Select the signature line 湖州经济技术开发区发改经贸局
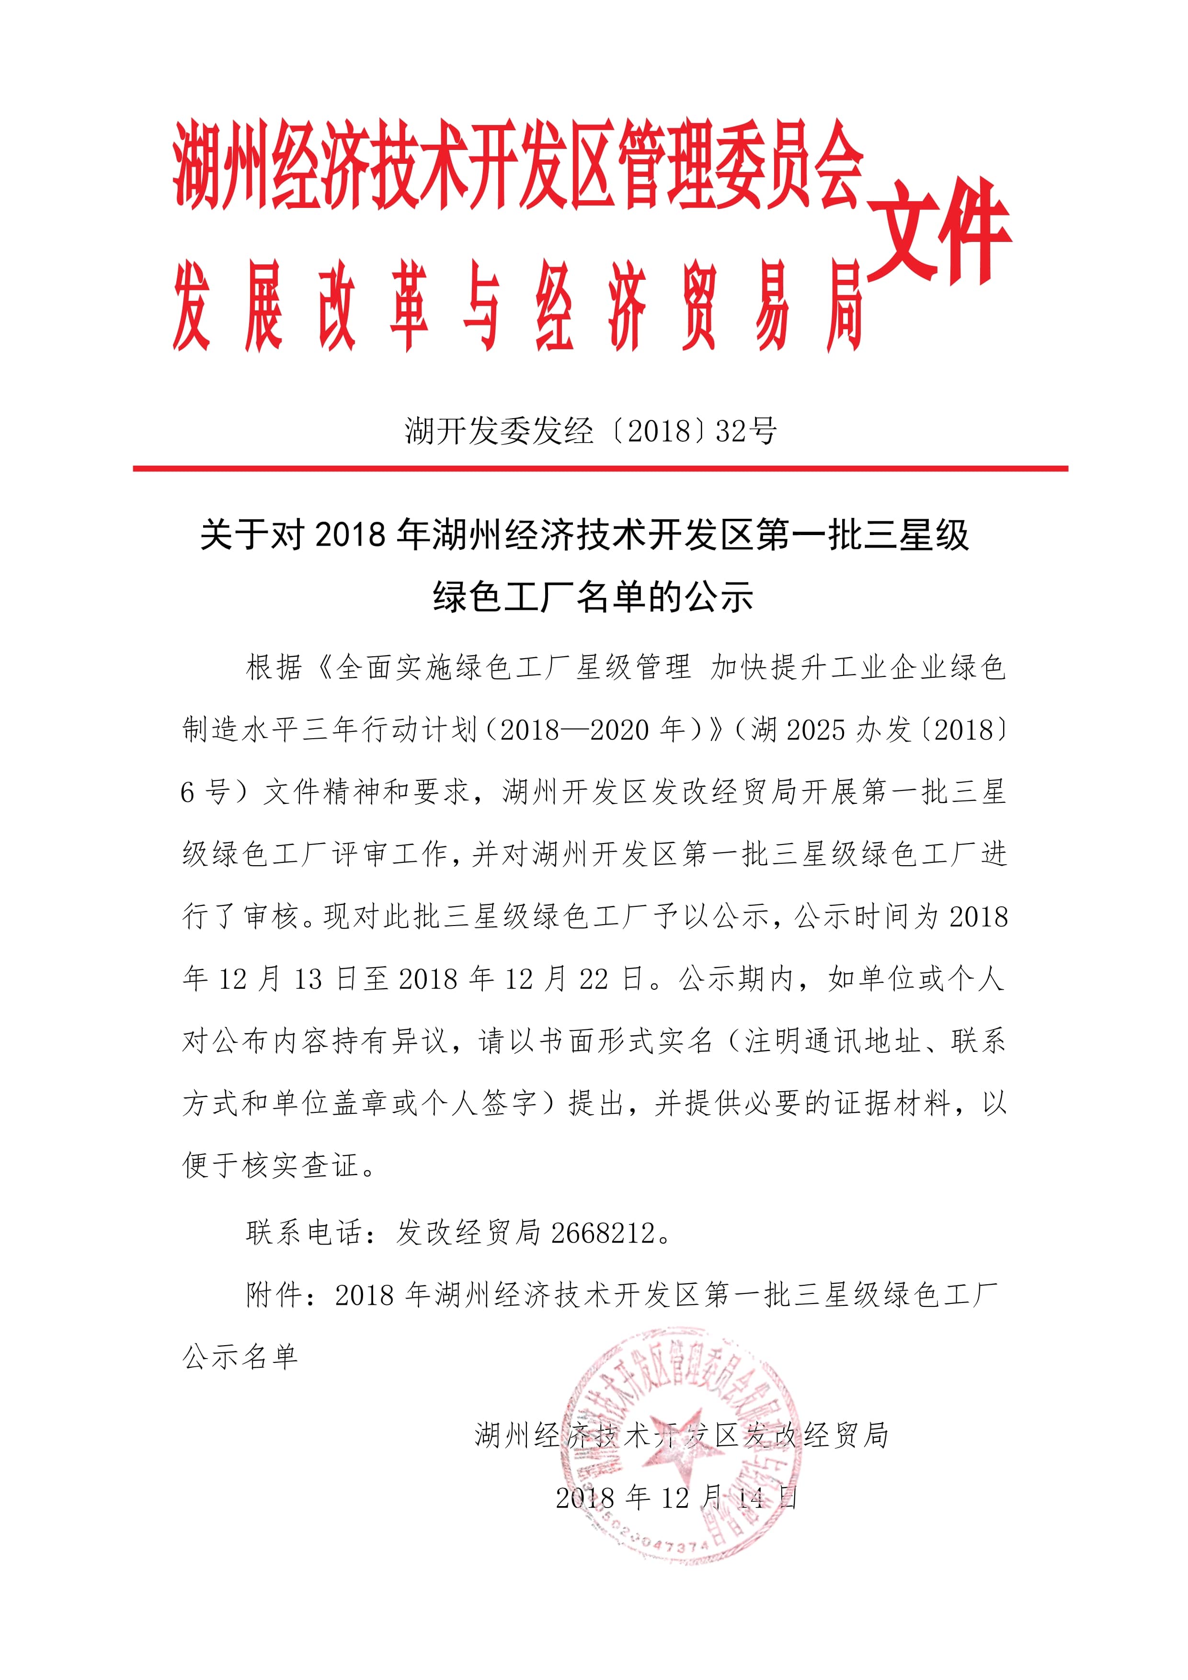pos(682,1436)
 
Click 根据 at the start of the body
pos(274,667)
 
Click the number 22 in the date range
pos(593,979)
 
